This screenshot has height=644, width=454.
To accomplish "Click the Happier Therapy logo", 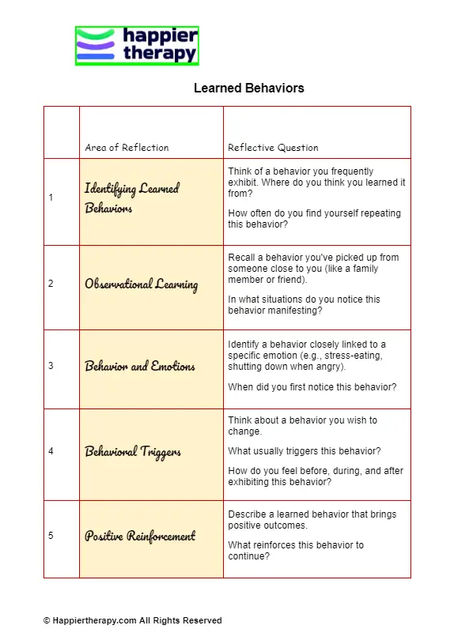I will (137, 46).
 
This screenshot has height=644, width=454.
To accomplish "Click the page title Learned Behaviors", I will (248, 89).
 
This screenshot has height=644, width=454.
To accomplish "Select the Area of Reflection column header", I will (127, 148).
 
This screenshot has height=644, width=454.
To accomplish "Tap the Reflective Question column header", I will (273, 148).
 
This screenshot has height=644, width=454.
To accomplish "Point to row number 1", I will (51, 198).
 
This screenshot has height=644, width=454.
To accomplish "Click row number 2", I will (51, 283).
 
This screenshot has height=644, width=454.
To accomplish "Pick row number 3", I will (51, 366).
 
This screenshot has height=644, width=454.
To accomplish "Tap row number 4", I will (51, 451).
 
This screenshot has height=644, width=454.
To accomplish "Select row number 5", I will (51, 536).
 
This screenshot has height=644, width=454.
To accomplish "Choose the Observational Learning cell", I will (141, 284).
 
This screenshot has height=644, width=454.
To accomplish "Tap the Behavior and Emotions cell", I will (140, 367).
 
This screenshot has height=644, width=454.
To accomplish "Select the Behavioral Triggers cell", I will (133, 452).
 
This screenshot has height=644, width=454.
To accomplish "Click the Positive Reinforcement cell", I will (140, 537).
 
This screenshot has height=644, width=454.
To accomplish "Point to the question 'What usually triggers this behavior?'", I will (305, 451).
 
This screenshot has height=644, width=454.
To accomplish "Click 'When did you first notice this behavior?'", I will (312, 387).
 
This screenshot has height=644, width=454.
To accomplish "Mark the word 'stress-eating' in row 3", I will (353, 356).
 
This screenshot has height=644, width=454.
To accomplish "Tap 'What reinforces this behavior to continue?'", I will (296, 551).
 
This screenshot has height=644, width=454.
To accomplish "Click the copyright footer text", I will (132, 621).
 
